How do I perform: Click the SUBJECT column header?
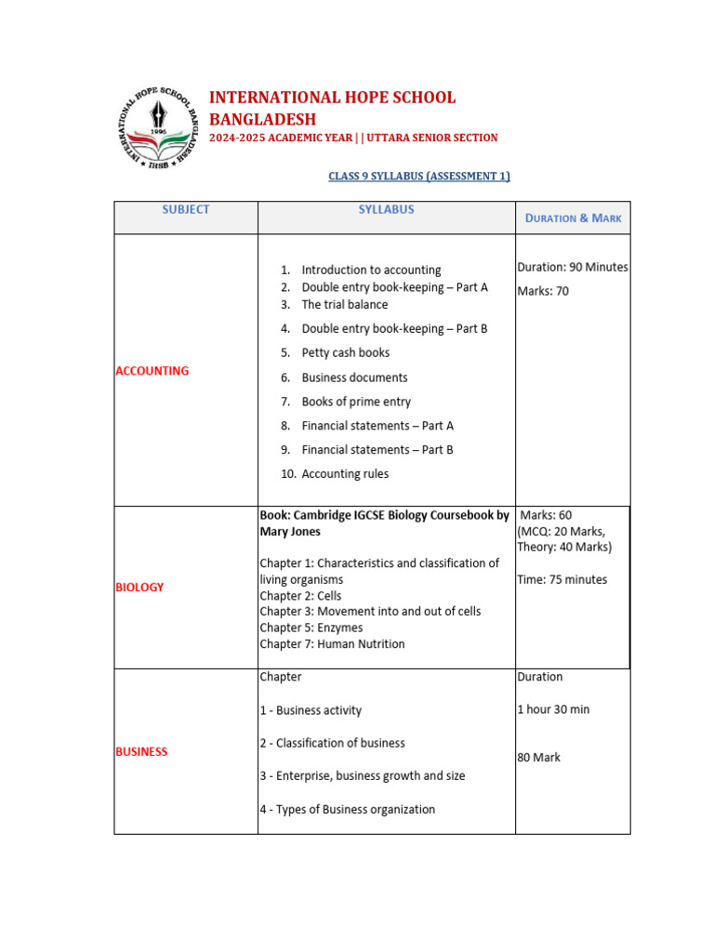pos(186,209)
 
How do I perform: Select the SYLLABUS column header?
pos(386,209)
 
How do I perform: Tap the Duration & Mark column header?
pos(573,218)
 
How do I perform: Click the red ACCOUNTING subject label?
pos(152,371)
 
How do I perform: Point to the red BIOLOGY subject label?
pos(139,587)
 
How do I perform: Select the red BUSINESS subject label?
pos(141,751)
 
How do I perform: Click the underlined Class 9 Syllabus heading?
pos(419,176)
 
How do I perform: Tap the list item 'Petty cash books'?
pos(345,353)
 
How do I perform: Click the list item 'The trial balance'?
pos(344,305)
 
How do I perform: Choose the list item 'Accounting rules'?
pos(345,474)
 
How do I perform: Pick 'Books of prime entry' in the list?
pos(355,402)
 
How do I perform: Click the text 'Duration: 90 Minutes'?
pos(572,267)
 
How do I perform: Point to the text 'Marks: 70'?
pos(543,291)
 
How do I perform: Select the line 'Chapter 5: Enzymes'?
pos(311,628)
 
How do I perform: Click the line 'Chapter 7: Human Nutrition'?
pos(332,644)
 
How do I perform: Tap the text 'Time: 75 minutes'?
pos(562,579)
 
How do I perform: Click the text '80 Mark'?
pos(538,758)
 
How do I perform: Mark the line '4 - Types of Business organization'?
pos(347,810)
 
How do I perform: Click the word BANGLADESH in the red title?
pos(262,119)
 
